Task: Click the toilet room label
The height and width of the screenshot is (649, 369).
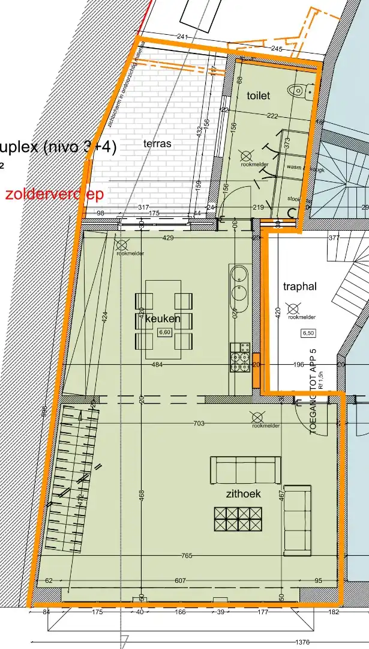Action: tap(259, 96)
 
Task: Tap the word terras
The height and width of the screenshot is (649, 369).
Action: tap(157, 144)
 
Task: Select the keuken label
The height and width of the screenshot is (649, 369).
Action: tap(163, 318)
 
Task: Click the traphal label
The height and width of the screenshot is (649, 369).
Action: tap(299, 287)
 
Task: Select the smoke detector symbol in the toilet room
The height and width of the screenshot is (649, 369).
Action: tap(245, 154)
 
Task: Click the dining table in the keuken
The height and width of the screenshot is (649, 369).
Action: tap(164, 319)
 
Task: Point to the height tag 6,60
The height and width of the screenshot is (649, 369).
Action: tap(164, 332)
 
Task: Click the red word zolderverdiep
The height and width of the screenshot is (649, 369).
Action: tap(54, 195)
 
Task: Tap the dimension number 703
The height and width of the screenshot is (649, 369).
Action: tap(199, 424)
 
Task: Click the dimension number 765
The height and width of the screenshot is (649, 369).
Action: tap(187, 556)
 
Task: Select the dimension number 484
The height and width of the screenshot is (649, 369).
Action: tap(157, 365)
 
